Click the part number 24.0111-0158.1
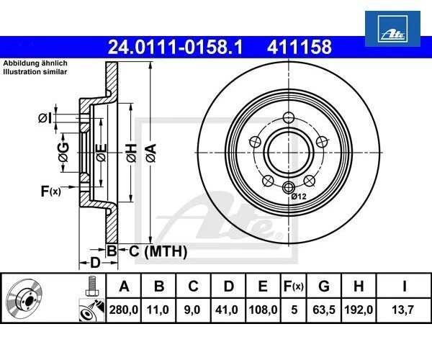(x=175, y=48)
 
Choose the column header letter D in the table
(x=228, y=287)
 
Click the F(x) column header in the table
(x=292, y=287)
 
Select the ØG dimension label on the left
(x=63, y=151)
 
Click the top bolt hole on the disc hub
(x=289, y=118)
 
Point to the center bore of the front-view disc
(x=289, y=150)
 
